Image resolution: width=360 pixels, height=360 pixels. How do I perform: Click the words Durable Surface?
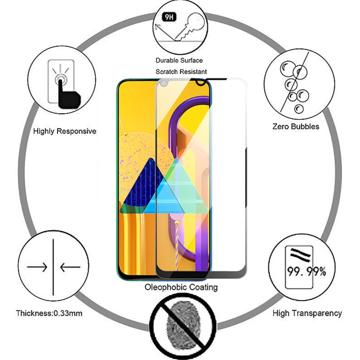click(x=179, y=60)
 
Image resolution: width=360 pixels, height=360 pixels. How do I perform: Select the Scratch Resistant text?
click(x=181, y=72)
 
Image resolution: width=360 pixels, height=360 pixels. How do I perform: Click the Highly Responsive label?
click(x=65, y=131)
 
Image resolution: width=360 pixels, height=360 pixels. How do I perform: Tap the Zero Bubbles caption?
click(x=296, y=126)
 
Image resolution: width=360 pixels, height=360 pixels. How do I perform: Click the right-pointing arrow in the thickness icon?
click(x=38, y=267)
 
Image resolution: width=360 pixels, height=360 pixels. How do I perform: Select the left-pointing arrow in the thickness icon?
click(x=70, y=267)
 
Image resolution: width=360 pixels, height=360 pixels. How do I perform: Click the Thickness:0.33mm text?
click(x=49, y=313)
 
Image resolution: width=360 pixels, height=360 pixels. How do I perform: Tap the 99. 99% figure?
click(x=305, y=271)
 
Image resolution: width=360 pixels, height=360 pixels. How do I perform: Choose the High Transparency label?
click(x=307, y=313)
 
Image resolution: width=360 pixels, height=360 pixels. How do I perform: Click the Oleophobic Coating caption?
click(x=181, y=287)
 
